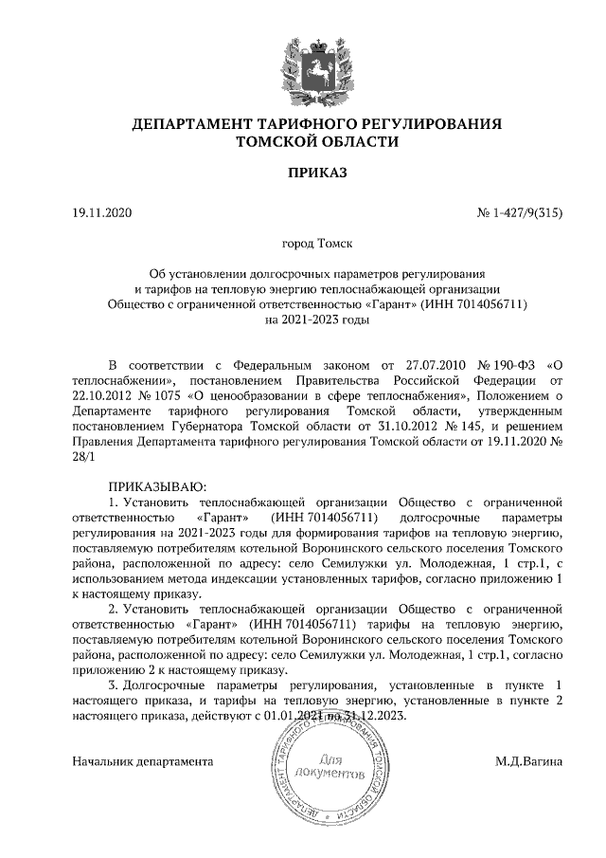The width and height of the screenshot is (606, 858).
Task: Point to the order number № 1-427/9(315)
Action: tap(520, 213)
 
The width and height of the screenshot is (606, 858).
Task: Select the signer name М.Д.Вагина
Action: tap(528, 760)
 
